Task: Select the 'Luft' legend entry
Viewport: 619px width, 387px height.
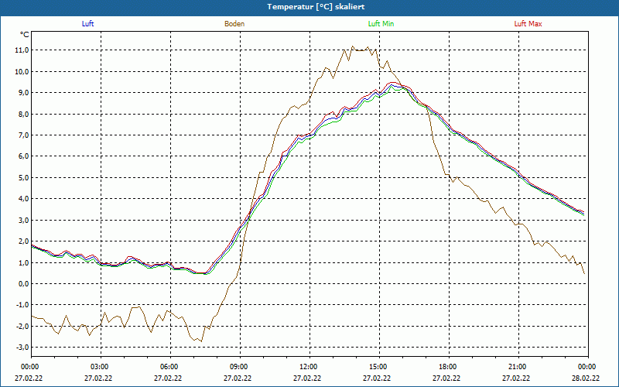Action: (x=87, y=24)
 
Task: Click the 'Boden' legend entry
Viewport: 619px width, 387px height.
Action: (x=234, y=24)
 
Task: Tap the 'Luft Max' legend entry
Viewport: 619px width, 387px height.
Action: (x=528, y=24)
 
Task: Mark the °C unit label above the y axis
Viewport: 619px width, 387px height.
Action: (x=25, y=35)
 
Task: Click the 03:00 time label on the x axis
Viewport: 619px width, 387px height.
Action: (x=100, y=367)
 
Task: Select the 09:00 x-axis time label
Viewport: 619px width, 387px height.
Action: (x=239, y=367)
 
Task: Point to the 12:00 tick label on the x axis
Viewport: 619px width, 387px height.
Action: (x=309, y=367)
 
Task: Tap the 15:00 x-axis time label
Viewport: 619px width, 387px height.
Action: (x=378, y=367)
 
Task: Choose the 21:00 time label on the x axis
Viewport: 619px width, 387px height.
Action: (x=518, y=367)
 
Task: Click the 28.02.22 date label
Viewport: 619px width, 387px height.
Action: (x=587, y=378)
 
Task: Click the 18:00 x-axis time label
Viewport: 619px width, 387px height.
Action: (x=448, y=367)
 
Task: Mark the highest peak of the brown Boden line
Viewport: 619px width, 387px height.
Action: (x=353, y=46)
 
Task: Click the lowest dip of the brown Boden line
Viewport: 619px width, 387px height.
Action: (x=200, y=341)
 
